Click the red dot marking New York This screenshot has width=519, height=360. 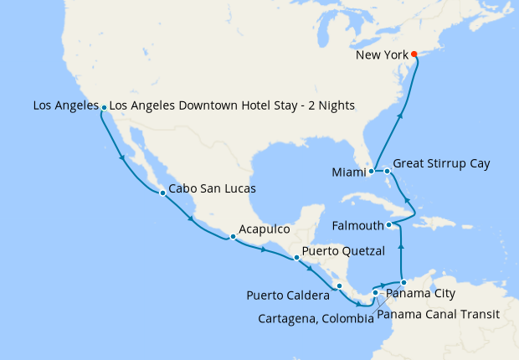[414, 54]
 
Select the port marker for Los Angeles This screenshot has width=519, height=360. [103, 108]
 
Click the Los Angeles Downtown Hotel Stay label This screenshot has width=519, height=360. [233, 105]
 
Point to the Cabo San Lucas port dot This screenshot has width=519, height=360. [162, 193]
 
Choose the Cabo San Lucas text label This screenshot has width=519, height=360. [212, 189]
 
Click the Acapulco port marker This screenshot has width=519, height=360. [233, 237]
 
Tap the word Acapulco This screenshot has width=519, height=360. [264, 229]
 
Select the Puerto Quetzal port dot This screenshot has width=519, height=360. [296, 257]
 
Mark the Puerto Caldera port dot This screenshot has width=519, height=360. [339, 286]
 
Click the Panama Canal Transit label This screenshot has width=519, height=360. [438, 315]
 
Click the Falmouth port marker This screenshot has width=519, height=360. [389, 225]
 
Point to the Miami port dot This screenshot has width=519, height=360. [371, 172]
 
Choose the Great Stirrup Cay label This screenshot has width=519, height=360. [441, 163]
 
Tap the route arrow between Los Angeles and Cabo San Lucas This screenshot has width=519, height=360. [123, 157]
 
